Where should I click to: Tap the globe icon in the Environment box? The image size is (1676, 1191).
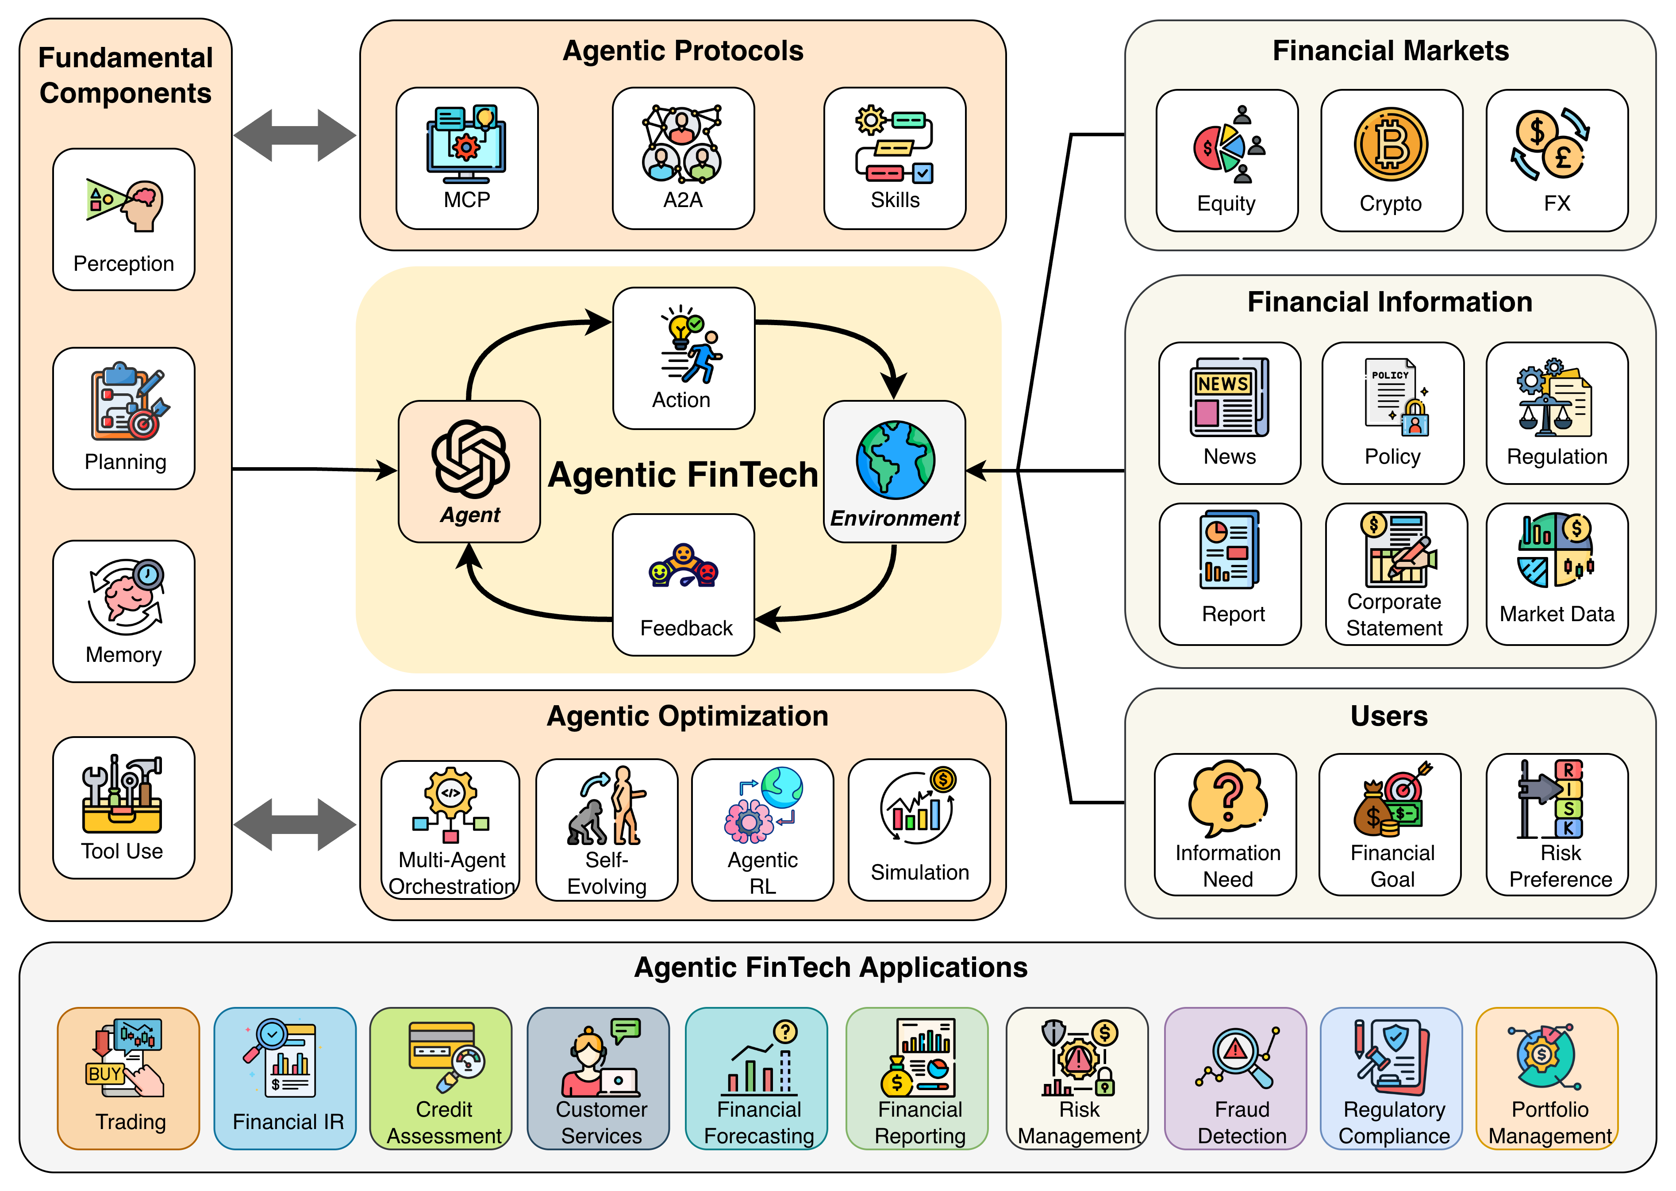tap(895, 460)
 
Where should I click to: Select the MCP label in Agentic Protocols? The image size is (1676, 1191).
tap(466, 200)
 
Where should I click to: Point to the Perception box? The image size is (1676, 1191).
tap(123, 219)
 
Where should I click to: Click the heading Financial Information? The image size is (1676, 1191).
tap(1389, 302)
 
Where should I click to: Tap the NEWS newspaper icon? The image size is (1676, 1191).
tap(1229, 397)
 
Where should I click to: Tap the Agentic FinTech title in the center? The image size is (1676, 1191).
tap(683, 474)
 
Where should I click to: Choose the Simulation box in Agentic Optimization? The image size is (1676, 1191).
tap(919, 830)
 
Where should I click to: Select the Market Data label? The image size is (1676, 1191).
tap(1557, 614)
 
